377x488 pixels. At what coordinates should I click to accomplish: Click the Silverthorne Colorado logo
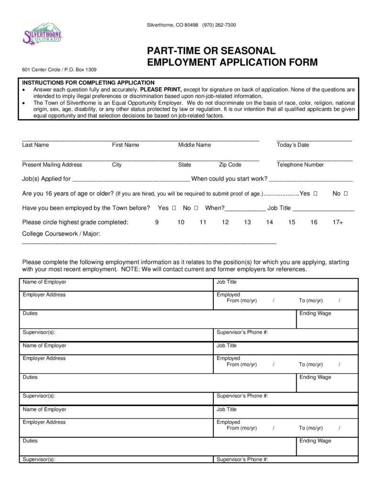[x=43, y=35]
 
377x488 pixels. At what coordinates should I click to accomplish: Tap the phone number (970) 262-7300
[x=219, y=25]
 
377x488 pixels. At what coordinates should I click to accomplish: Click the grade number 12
[x=225, y=222]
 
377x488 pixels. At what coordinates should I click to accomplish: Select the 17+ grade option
[x=338, y=222]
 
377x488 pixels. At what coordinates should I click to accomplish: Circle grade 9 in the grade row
[x=157, y=222]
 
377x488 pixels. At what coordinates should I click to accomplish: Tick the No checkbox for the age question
[x=345, y=194]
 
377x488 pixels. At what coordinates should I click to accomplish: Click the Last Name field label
[x=35, y=145]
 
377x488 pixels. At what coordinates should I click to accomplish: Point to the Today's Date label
[x=293, y=145]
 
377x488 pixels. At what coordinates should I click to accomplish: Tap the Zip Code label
[x=230, y=165]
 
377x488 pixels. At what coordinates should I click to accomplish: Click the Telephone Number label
[x=300, y=165]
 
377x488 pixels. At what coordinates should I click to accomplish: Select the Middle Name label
[x=194, y=145]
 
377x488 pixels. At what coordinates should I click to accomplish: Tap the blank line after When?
[x=245, y=209]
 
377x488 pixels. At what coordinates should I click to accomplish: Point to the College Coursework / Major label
[x=61, y=233]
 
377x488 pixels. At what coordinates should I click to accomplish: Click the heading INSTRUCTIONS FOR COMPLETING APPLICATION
[x=89, y=83]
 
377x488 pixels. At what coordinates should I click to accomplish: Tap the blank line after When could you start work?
[x=311, y=180]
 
